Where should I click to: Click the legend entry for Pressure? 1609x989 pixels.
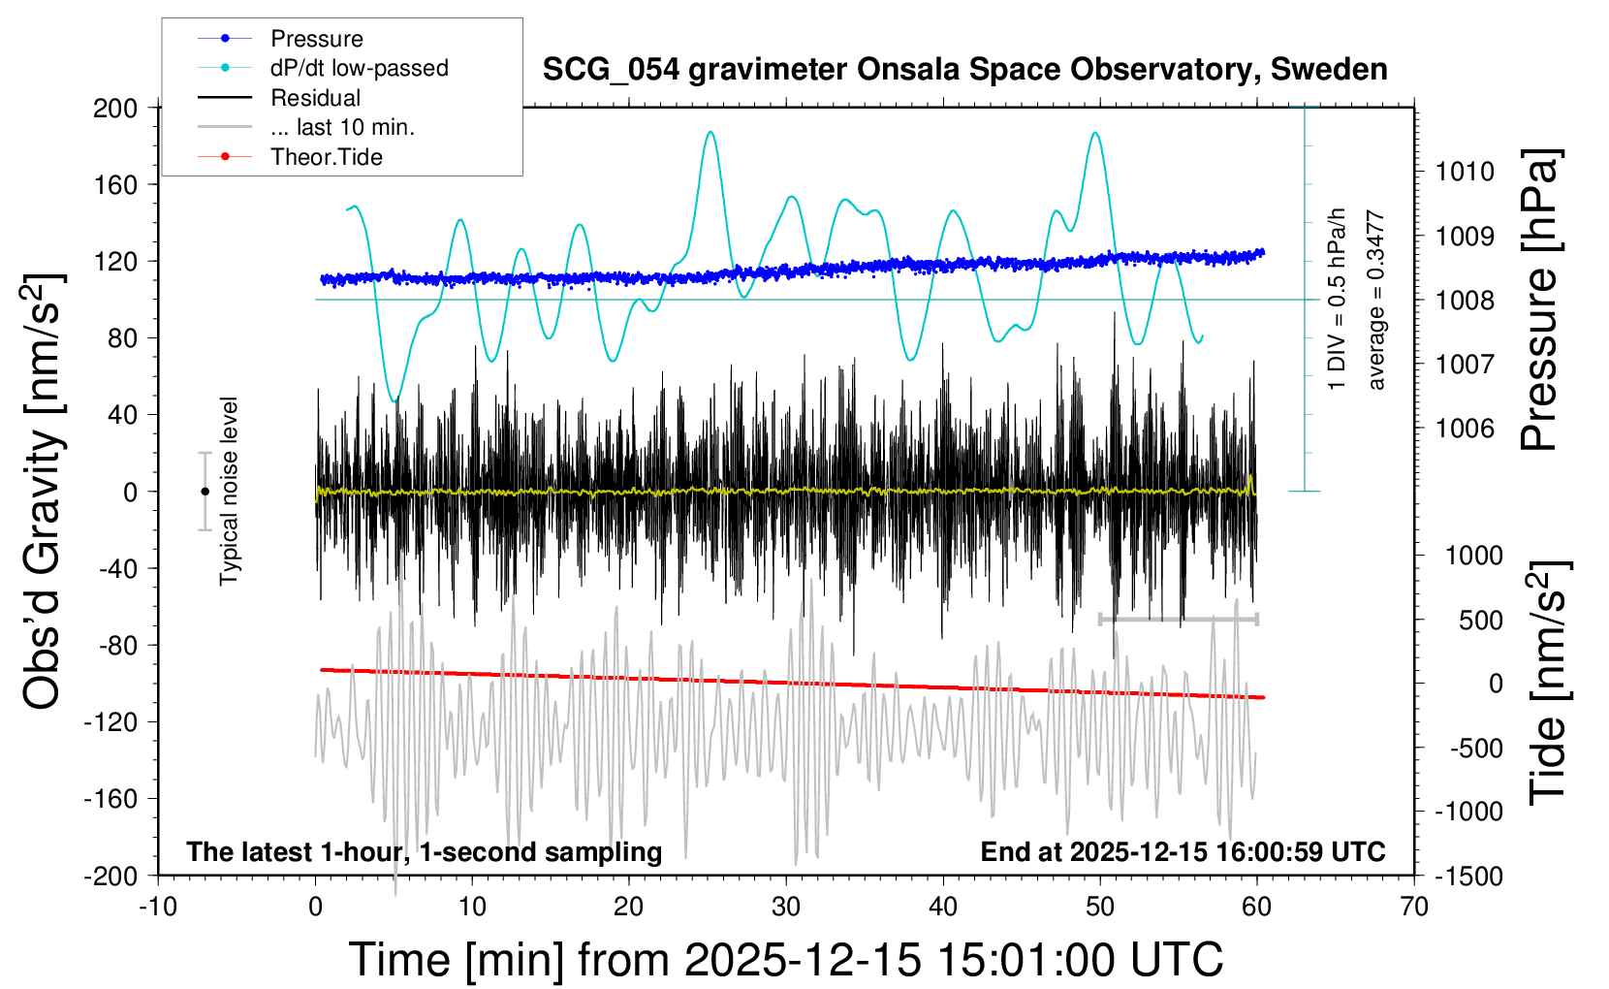[316, 39]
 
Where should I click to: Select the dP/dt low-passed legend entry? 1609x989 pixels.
[359, 68]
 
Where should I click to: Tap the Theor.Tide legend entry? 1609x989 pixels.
[326, 157]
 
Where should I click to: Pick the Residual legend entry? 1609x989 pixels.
[315, 98]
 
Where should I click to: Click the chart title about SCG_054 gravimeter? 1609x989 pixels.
[964, 70]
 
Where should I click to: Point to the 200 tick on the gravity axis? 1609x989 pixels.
[115, 108]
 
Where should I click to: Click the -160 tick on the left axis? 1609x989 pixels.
[110, 799]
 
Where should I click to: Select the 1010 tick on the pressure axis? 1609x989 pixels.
[1465, 172]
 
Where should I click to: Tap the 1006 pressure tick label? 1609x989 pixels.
[1465, 429]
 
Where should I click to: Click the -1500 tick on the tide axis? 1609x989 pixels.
[1468, 876]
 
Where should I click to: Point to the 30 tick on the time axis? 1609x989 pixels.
[786, 908]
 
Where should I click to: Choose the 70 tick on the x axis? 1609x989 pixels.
[1414, 908]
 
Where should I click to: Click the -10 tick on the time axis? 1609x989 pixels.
[158, 908]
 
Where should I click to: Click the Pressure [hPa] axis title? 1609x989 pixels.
[1540, 301]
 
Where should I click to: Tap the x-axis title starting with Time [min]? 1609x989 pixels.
[785, 960]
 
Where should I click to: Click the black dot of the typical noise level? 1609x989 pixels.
[205, 492]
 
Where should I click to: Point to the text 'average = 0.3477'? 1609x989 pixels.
[1376, 301]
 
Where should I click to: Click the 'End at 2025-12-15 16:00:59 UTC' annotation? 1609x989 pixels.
[1183, 852]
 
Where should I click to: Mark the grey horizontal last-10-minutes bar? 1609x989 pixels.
[1178, 619]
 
